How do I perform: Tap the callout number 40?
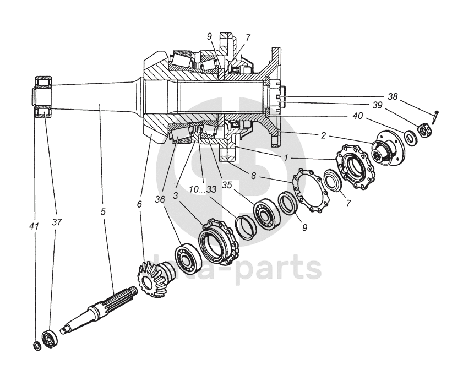(358, 116)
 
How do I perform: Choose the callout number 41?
(34, 225)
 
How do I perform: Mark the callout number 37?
(57, 222)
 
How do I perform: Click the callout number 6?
(139, 204)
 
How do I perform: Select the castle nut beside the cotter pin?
(423, 130)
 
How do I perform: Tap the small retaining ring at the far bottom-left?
(35, 345)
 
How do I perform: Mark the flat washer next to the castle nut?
(410, 135)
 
